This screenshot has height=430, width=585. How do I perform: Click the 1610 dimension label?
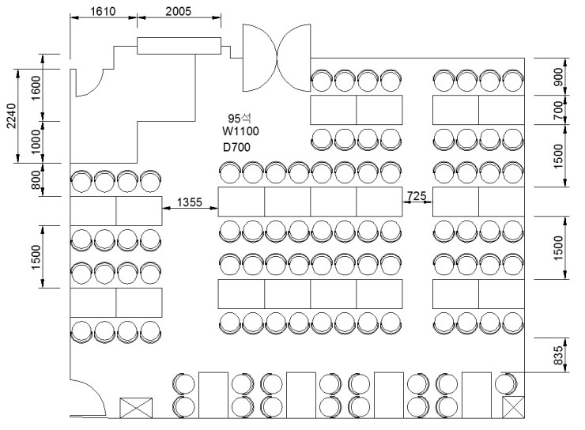click(x=103, y=11)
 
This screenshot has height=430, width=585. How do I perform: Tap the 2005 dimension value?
click(x=179, y=11)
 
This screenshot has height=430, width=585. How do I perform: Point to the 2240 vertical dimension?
click(x=12, y=115)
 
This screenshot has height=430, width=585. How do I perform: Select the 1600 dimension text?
click(x=36, y=88)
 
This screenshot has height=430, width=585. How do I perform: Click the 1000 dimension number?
click(x=36, y=141)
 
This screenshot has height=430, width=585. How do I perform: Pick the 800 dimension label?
click(x=36, y=179)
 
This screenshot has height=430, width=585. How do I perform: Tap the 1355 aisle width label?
click(x=189, y=202)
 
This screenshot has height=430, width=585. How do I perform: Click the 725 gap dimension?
click(x=417, y=196)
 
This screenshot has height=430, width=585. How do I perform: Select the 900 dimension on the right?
click(x=558, y=77)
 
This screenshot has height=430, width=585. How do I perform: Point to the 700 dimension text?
click(x=558, y=110)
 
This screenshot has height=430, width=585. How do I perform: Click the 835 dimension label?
click(x=558, y=356)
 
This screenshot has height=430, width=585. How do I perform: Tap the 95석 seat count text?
click(x=240, y=119)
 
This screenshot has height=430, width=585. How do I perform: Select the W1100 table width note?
click(x=240, y=131)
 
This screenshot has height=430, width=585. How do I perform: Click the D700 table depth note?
click(x=236, y=147)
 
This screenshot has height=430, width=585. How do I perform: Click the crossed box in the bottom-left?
click(x=136, y=408)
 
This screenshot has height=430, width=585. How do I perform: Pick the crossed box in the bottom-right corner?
click(x=513, y=407)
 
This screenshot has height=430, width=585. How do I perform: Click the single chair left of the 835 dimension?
click(x=506, y=383)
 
